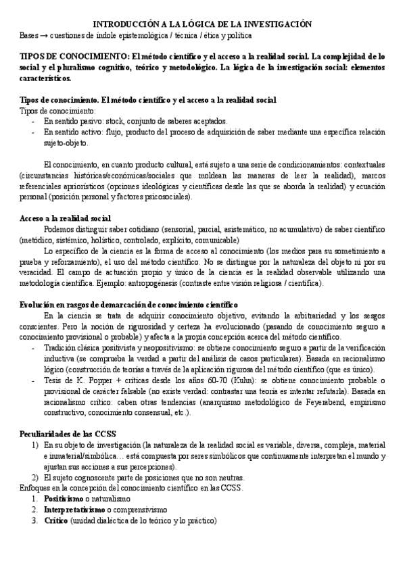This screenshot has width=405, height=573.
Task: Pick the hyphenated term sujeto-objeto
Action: pyautogui.click(x=66, y=142)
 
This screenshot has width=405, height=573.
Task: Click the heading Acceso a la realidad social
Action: pyautogui.click(x=66, y=218)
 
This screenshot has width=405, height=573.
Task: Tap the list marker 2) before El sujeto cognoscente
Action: pyautogui.click(x=35, y=477)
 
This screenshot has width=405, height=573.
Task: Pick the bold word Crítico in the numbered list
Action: pyautogui.click(x=57, y=520)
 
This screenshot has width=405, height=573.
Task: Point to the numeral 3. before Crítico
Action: pyautogui.click(x=34, y=520)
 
